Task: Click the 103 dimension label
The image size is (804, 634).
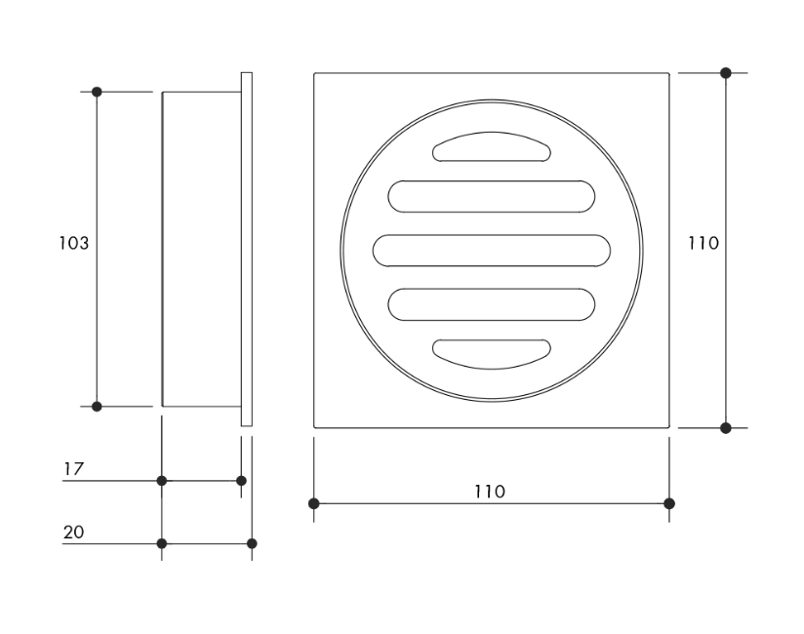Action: (73, 243)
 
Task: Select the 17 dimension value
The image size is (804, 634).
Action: (73, 469)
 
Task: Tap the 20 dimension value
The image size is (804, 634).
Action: (73, 532)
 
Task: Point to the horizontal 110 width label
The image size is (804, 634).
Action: (490, 492)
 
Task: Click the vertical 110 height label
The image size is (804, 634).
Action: (703, 243)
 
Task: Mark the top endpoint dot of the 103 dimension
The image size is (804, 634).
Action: (97, 92)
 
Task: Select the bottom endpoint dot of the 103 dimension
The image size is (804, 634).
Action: (97, 406)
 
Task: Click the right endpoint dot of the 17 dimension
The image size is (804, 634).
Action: (242, 480)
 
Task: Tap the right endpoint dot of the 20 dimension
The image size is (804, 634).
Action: (252, 543)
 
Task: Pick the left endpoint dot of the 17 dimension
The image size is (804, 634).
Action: (162, 480)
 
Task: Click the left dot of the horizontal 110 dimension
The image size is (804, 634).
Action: (313, 503)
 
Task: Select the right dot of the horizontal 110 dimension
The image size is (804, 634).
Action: (668, 503)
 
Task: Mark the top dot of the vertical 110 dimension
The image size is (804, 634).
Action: (725, 73)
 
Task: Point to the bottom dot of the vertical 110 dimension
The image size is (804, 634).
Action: (725, 427)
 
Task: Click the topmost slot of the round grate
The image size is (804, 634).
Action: (492, 147)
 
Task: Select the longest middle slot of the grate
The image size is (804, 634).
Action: (492, 250)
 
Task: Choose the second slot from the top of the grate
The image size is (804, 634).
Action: (492, 196)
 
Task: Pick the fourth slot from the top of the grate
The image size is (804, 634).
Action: (492, 304)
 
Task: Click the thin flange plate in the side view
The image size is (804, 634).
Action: (247, 249)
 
